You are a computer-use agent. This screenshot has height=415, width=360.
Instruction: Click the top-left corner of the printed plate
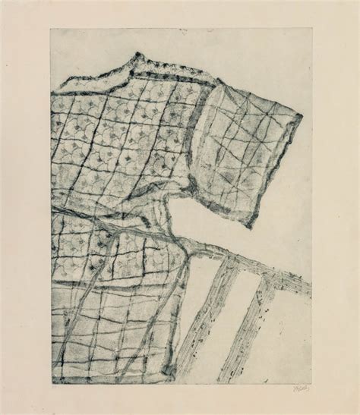(x=51, y=29)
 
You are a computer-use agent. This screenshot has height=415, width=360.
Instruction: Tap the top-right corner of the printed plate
(x=311, y=29)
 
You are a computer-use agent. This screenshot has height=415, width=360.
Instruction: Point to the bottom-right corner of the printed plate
(x=311, y=385)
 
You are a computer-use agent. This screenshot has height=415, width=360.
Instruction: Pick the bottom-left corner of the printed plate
(x=51, y=385)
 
